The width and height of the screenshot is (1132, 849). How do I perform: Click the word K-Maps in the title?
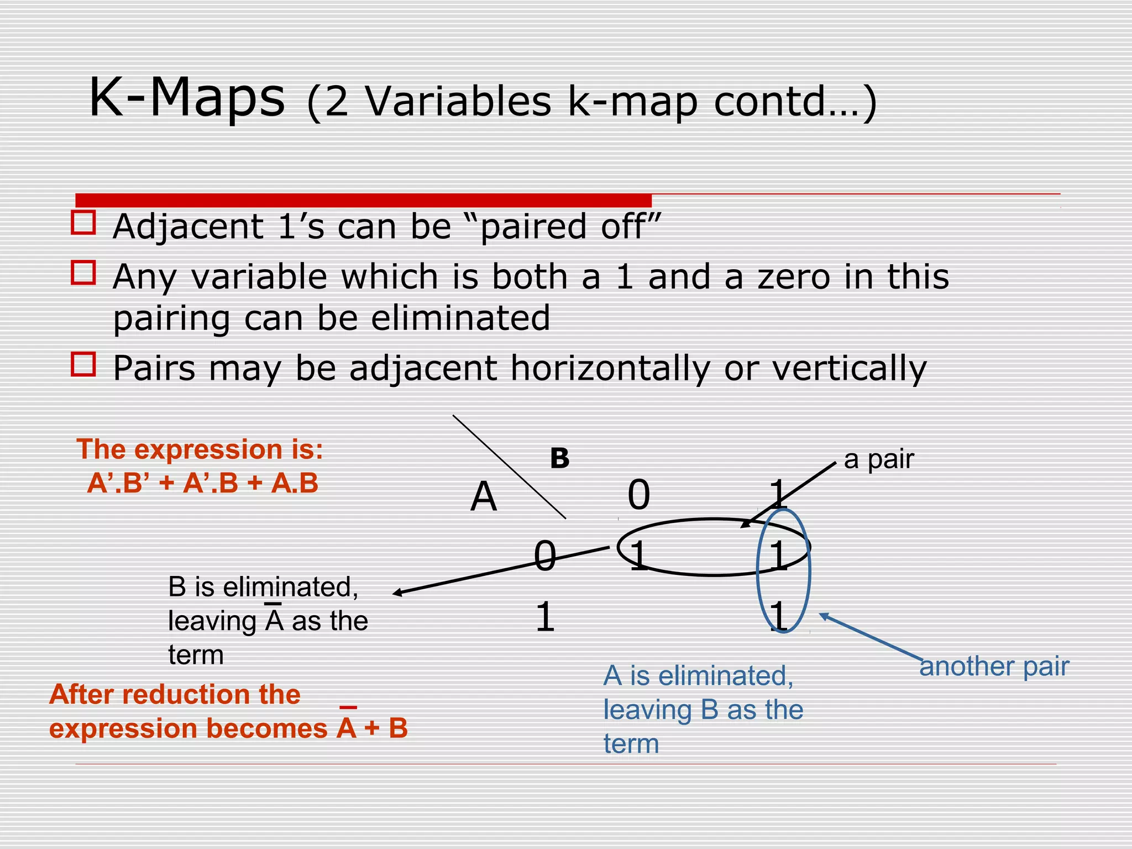[187, 98]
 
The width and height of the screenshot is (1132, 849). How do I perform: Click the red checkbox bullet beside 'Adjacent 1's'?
[83, 222]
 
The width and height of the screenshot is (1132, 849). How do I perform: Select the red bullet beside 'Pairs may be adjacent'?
[83, 364]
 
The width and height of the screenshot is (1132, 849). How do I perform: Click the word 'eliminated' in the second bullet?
[460, 318]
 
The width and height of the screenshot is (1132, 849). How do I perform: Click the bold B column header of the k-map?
[559, 459]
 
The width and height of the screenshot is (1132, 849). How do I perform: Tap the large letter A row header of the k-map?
[484, 496]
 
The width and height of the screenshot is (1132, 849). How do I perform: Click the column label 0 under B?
[638, 495]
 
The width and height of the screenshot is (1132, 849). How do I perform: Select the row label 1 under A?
[545, 617]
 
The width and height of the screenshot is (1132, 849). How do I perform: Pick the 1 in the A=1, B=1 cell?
[779, 616]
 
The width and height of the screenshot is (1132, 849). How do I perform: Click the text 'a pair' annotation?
[879, 459]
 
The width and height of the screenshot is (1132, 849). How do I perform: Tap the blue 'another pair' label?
[994, 667]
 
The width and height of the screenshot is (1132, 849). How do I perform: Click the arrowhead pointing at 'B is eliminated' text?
[397, 594]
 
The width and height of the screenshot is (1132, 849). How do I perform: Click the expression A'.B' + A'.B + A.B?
[203, 483]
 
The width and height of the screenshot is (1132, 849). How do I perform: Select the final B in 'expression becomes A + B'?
[398, 728]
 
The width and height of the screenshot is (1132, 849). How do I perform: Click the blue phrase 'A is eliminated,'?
[698, 675]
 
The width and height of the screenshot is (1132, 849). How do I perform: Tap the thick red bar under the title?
[363, 200]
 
